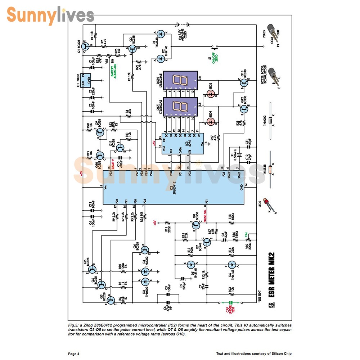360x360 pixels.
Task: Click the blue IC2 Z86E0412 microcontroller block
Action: (x=173, y=188)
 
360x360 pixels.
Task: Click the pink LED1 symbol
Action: (x=212, y=121)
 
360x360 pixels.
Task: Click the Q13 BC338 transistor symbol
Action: (x=244, y=83)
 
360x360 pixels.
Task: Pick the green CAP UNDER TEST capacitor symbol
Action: (x=231, y=302)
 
